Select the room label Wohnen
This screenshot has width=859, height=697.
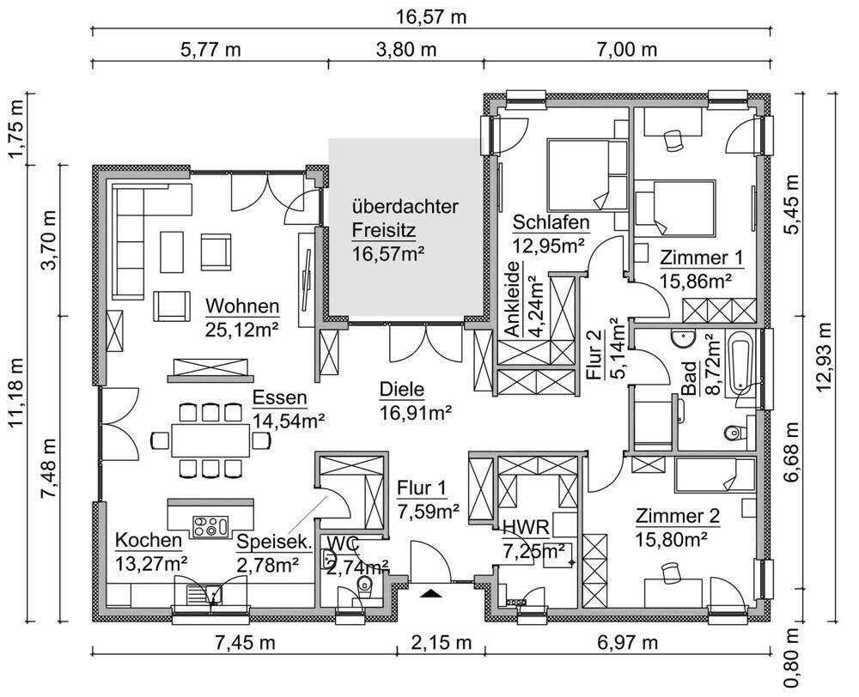click(242, 306)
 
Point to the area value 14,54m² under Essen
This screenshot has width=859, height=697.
click(288, 421)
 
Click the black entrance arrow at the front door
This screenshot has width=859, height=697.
click(432, 593)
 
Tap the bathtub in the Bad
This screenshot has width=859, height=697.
click(740, 361)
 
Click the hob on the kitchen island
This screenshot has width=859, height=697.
click(211, 526)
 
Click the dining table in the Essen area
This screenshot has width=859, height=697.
click(210, 439)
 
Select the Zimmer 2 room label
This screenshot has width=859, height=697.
click(678, 516)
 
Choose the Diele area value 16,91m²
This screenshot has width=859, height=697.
click(416, 413)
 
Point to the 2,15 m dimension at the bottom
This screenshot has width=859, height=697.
click(442, 642)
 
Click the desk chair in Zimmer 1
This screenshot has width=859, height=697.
click(673, 140)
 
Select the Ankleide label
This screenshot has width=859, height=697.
click(512, 299)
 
